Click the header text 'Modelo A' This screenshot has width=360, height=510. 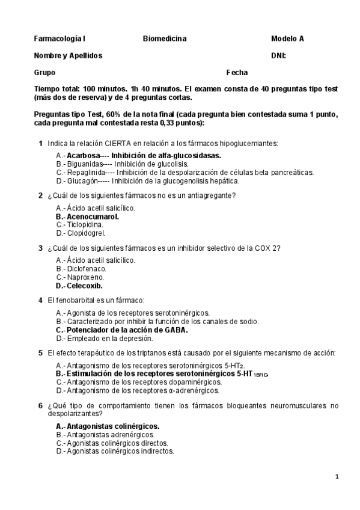pos(287,39)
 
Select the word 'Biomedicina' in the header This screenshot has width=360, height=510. pos(165,39)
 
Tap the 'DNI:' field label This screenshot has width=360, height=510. pos(278,56)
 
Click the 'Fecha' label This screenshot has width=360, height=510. pos(237,73)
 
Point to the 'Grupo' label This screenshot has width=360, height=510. pos(44,73)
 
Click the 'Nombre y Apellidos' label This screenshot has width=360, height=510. pos(68,56)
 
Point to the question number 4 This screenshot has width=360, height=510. pos(40,300)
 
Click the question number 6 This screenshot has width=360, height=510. pos(40,405)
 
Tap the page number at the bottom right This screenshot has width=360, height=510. pos(337,477)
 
